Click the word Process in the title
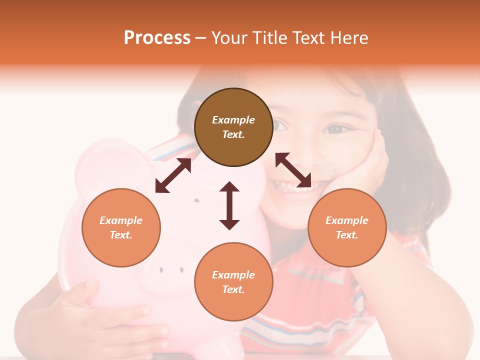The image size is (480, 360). click(x=157, y=38)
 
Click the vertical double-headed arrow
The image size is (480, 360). click(x=229, y=205)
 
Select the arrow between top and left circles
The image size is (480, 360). click(x=173, y=175)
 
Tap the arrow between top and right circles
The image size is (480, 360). click(x=293, y=170)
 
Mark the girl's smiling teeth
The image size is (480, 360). click(x=290, y=187)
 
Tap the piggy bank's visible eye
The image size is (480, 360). click(x=196, y=200)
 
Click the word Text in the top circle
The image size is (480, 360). click(x=233, y=134)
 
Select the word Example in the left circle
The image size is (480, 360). click(x=121, y=220)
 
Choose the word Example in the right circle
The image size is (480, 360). click(x=347, y=220)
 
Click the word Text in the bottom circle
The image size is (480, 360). click(x=233, y=289)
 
